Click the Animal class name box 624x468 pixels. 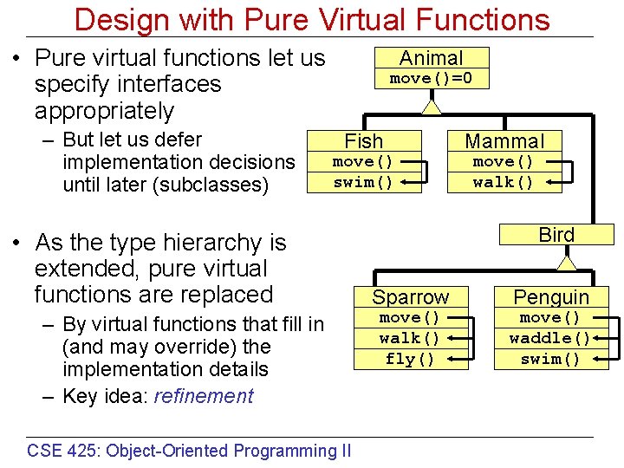click(431, 58)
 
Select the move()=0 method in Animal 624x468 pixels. click(431, 79)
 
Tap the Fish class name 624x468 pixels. click(363, 141)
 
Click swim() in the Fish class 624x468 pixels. click(363, 182)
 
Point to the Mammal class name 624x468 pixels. click(504, 141)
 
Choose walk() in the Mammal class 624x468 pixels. click(503, 182)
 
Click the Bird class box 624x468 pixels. click(556, 235)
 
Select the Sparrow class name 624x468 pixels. click(411, 297)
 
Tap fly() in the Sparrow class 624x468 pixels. click(410, 359)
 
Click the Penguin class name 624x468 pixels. click(551, 297)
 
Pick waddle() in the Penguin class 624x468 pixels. click(550, 338)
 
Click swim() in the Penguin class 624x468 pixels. click(550, 359)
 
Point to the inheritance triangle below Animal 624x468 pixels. click(431, 106)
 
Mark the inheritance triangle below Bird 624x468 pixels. click(567, 261)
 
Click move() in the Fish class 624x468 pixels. click(363, 162)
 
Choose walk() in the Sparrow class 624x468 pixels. click(410, 338)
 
